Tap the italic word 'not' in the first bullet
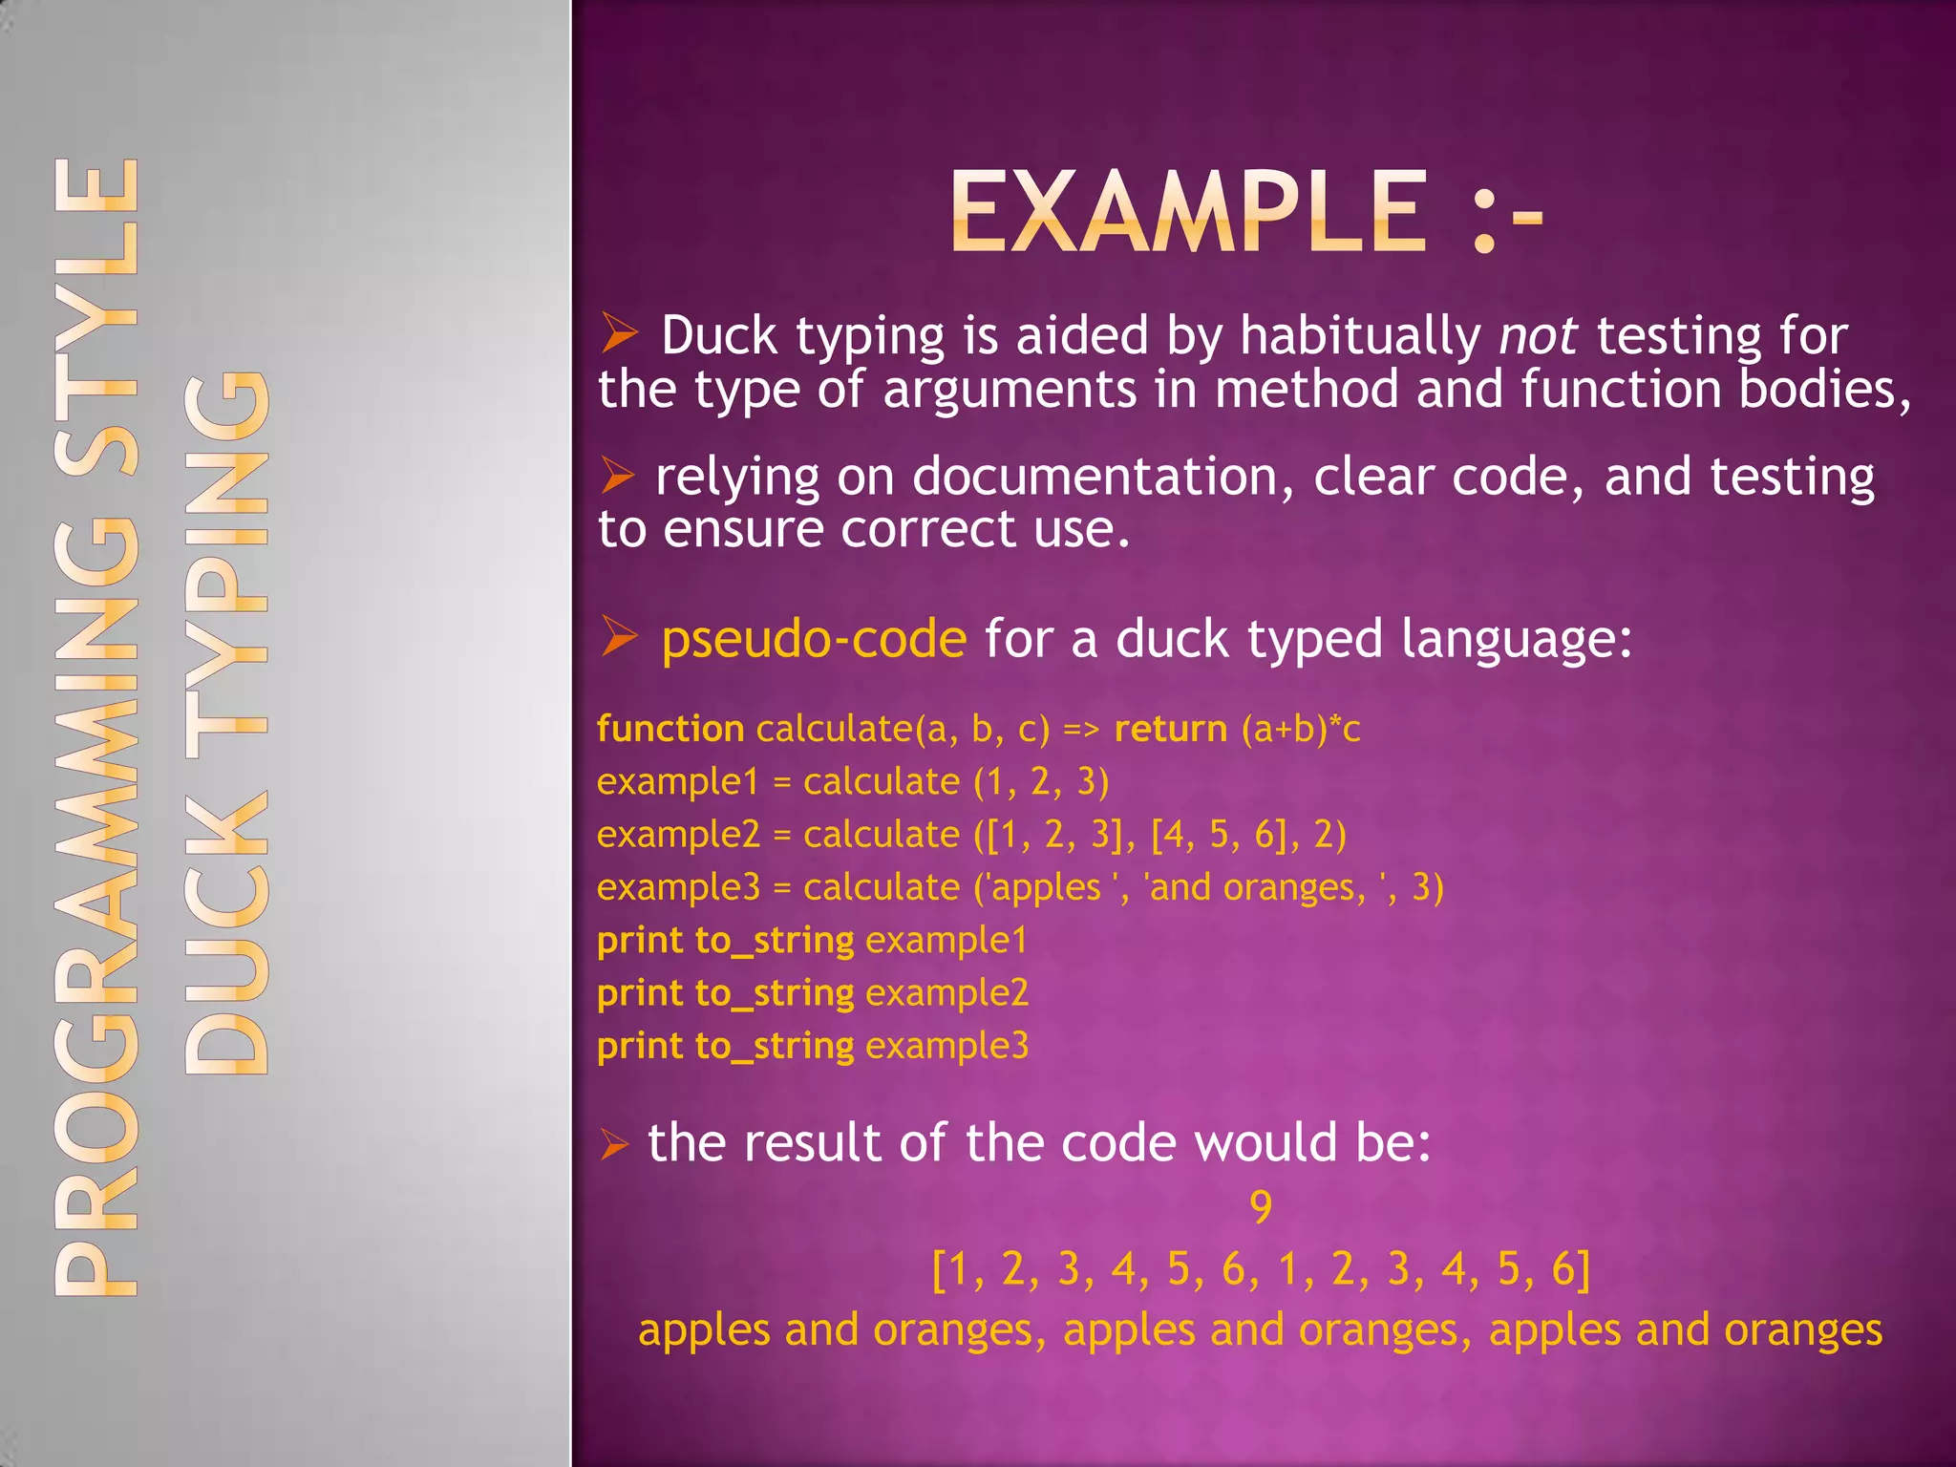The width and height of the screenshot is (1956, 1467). [1538, 336]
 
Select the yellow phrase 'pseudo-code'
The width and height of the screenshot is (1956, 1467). [814, 638]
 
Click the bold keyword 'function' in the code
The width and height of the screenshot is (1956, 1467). [670, 729]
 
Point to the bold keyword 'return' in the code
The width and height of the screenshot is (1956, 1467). [1171, 729]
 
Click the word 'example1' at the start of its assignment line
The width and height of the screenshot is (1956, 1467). [677, 782]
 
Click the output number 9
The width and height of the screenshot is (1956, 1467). [1261, 1207]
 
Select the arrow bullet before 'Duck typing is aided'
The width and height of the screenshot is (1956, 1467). [619, 334]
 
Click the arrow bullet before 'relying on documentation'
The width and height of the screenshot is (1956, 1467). [618, 476]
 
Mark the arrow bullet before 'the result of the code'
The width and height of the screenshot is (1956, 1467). [614, 1143]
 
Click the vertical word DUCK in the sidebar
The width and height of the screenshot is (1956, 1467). [226, 931]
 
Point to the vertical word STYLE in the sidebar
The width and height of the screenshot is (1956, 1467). [96, 315]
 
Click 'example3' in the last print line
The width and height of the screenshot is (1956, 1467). [946, 1046]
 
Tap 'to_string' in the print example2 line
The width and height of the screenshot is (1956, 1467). [775, 993]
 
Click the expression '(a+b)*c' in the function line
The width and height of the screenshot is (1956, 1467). [1301, 729]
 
